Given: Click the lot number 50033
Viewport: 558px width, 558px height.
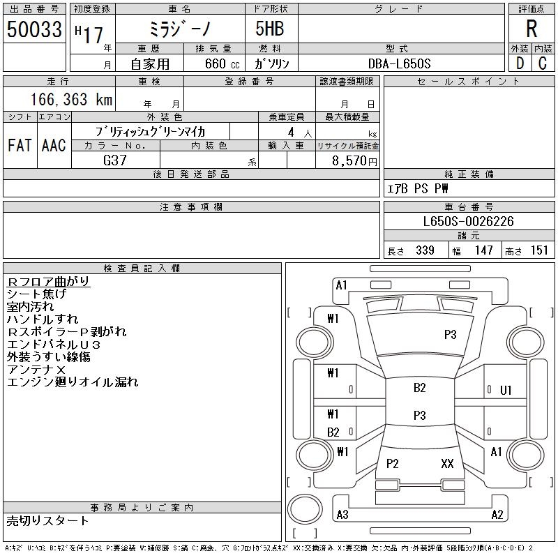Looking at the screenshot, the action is point(34,29).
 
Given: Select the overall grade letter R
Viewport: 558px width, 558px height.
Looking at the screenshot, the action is point(531,29).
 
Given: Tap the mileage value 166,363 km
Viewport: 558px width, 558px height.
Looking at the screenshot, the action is point(72,99).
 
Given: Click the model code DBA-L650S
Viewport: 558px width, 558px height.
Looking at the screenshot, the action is point(399,63).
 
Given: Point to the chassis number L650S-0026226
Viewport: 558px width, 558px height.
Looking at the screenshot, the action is point(468,221).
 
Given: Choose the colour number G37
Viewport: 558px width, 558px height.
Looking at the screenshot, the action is point(115,160).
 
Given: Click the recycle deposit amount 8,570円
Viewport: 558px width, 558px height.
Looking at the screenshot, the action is point(354,161).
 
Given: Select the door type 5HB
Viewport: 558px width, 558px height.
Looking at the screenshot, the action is point(270,29).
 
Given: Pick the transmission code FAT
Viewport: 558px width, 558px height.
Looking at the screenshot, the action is point(20,145).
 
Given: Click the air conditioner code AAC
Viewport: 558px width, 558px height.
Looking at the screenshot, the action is point(54,145).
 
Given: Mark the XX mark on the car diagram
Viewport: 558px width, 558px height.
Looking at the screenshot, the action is point(447,463).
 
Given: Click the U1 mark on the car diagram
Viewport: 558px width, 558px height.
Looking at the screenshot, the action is point(506,391).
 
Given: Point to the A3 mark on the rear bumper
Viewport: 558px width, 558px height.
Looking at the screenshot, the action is point(342,515).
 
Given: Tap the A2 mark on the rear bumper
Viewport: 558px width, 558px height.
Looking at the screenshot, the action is point(497,515).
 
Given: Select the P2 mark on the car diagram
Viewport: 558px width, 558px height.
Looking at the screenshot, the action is point(392,463).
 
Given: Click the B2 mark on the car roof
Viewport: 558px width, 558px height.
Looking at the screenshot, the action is point(420,388).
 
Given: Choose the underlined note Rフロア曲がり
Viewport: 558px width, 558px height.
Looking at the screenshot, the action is point(48,282).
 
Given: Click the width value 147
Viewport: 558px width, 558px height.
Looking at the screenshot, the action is point(483,250).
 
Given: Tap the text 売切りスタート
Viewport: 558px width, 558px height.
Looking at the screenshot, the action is point(47,521).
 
